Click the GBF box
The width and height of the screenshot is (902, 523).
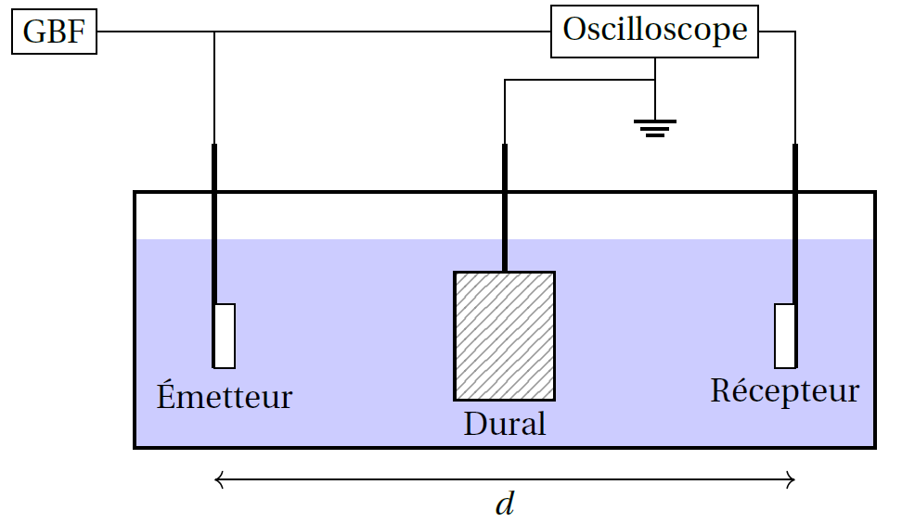click(x=54, y=32)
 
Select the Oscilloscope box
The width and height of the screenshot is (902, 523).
click(x=654, y=32)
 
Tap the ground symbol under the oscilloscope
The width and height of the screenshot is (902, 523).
click(x=655, y=128)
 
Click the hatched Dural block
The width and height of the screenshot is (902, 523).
click(x=505, y=337)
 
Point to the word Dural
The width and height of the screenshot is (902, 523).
click(x=505, y=424)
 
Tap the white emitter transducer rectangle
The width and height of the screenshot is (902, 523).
click(x=225, y=336)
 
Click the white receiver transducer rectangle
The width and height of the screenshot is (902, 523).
click(x=785, y=336)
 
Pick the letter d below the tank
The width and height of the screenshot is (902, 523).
click(x=505, y=504)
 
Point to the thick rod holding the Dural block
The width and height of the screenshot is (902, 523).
click(x=505, y=208)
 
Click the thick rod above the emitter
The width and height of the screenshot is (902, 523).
click(x=214, y=223)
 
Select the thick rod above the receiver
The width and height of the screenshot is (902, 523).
click(x=795, y=223)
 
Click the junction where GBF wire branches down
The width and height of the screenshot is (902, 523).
click(x=214, y=32)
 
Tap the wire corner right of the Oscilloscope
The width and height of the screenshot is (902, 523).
click(x=795, y=32)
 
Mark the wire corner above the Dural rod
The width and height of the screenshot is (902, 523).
click(x=505, y=80)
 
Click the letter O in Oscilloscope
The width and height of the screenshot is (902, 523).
click(x=574, y=30)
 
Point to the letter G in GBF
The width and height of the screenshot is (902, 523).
click(x=33, y=32)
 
